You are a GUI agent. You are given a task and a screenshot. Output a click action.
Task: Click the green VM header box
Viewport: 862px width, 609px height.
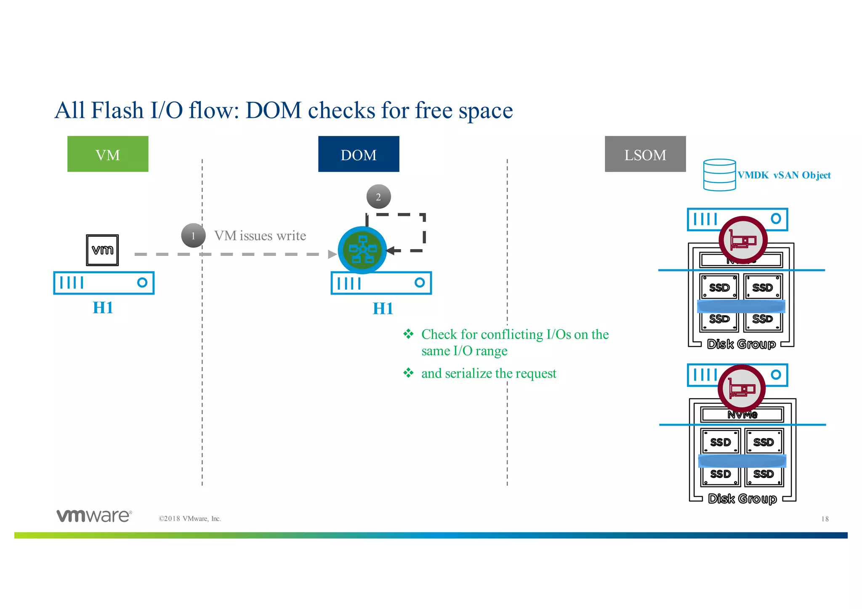[x=108, y=154]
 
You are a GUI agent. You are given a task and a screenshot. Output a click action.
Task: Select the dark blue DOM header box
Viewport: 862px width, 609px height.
[x=359, y=154]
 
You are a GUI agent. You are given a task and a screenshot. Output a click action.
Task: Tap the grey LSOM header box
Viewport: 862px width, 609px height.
[x=645, y=154]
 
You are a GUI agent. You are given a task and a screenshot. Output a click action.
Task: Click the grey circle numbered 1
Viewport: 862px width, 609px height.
[x=193, y=236]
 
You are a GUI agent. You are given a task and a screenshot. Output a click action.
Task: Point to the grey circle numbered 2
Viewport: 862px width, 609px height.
[x=378, y=197]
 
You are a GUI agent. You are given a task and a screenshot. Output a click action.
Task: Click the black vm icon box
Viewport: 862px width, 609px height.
[x=102, y=250]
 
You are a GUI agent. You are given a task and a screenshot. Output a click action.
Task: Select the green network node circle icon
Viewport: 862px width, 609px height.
[x=362, y=250]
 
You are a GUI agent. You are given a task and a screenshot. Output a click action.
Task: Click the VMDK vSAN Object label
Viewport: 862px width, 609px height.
[x=784, y=175]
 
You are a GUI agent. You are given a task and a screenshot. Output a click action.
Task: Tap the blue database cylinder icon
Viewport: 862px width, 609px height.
[x=719, y=175]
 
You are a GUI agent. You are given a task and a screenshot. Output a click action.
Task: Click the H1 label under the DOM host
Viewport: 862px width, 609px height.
[x=383, y=308]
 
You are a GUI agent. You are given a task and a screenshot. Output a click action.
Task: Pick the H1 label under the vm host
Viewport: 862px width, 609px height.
[x=103, y=308]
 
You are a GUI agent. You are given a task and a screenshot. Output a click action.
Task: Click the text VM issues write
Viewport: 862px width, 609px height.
[x=260, y=236]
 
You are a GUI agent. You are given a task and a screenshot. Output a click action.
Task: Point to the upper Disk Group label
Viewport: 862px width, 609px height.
[x=741, y=344]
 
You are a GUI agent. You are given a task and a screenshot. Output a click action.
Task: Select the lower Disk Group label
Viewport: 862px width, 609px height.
[x=742, y=499]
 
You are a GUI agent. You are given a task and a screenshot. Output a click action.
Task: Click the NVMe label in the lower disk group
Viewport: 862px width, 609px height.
[x=742, y=415]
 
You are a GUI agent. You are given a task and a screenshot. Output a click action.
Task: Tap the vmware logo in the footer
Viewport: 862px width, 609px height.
[x=94, y=516]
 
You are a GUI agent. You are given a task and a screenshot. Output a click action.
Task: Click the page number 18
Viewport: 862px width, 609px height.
[x=825, y=519]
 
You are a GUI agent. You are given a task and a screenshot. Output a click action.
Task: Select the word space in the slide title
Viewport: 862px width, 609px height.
[x=485, y=111]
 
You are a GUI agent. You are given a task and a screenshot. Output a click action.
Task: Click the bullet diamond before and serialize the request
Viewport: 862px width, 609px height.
[x=408, y=373]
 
